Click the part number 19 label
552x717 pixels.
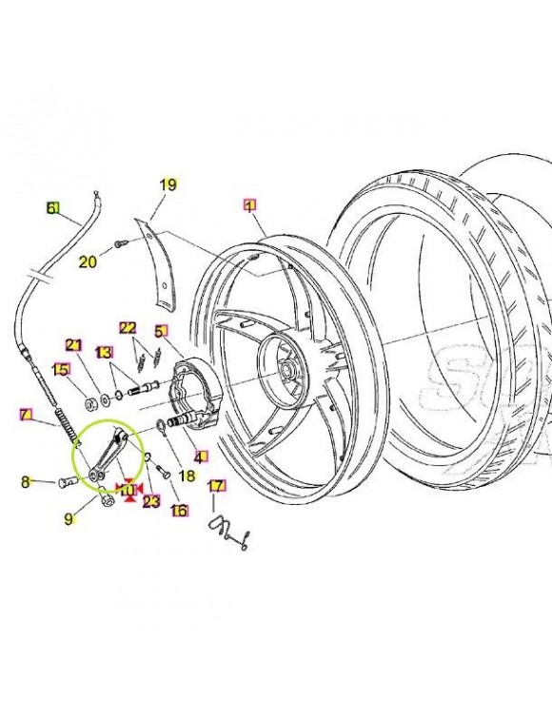[x=168, y=184]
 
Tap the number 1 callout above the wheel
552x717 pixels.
[x=249, y=204]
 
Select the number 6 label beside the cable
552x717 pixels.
[x=53, y=207]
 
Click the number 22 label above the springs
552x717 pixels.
[x=128, y=327]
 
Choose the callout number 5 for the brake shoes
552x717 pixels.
[x=161, y=331]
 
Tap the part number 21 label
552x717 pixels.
[x=74, y=344]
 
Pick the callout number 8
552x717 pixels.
[x=27, y=482]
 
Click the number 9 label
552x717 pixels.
[x=69, y=518]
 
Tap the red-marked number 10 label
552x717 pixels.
[x=125, y=491]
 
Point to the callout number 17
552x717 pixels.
[x=217, y=486]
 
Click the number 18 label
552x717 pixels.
[x=187, y=475]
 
